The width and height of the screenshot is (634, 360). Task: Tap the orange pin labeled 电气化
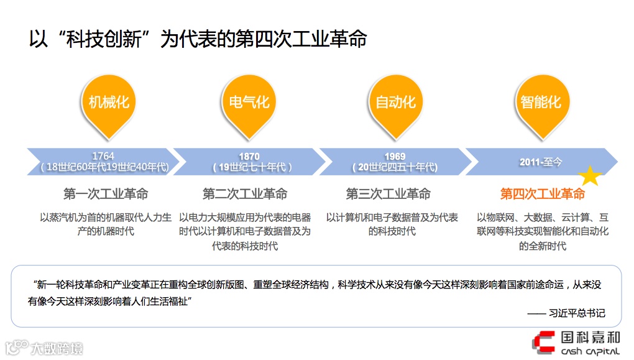(x=249, y=102)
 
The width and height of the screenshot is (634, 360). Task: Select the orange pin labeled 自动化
(x=395, y=102)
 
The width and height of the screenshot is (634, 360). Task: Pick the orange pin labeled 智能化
(x=541, y=102)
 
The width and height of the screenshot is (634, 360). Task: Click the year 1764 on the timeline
(x=103, y=156)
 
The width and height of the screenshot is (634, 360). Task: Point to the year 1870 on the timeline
(x=249, y=157)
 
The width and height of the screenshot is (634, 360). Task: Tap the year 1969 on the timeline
(x=395, y=157)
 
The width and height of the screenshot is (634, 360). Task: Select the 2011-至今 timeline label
(x=541, y=162)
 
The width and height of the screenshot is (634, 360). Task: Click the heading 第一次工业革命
(x=106, y=194)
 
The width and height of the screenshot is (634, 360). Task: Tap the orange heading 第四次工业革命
(x=542, y=194)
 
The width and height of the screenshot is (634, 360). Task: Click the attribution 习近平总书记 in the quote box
(x=576, y=313)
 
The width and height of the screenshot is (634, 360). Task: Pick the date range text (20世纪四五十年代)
(x=395, y=167)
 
